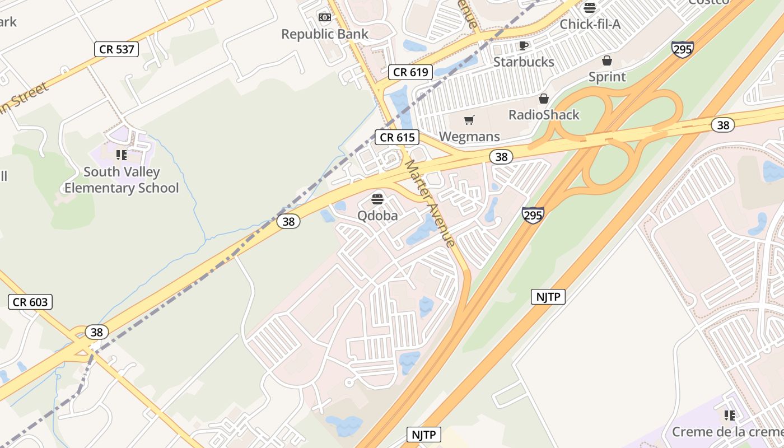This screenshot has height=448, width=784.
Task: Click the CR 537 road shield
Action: [116, 49]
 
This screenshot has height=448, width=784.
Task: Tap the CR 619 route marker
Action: [410, 72]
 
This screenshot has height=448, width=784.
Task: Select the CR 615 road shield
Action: [397, 137]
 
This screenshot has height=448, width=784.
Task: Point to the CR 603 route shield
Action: [30, 302]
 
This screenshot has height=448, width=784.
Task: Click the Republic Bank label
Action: [325, 34]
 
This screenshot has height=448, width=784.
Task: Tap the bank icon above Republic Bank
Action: [325, 17]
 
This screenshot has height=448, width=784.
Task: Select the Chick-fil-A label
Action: [590, 24]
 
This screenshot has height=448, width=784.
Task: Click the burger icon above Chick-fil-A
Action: [589, 8]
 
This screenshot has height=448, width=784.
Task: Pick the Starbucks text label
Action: [524, 62]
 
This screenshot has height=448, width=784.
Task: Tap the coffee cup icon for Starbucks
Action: [524, 45]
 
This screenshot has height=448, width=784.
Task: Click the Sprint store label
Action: [607, 77]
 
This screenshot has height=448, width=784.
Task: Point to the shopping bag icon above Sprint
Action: [607, 60]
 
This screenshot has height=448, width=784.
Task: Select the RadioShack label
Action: [544, 115]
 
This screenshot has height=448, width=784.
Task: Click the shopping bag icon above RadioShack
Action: [543, 99]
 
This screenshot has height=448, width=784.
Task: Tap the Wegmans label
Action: [469, 137]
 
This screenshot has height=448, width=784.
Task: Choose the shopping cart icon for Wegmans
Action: [469, 120]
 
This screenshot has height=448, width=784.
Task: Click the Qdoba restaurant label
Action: [378, 216]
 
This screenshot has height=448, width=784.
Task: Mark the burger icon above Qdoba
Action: [378, 199]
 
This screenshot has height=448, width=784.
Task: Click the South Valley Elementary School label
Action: [122, 180]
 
